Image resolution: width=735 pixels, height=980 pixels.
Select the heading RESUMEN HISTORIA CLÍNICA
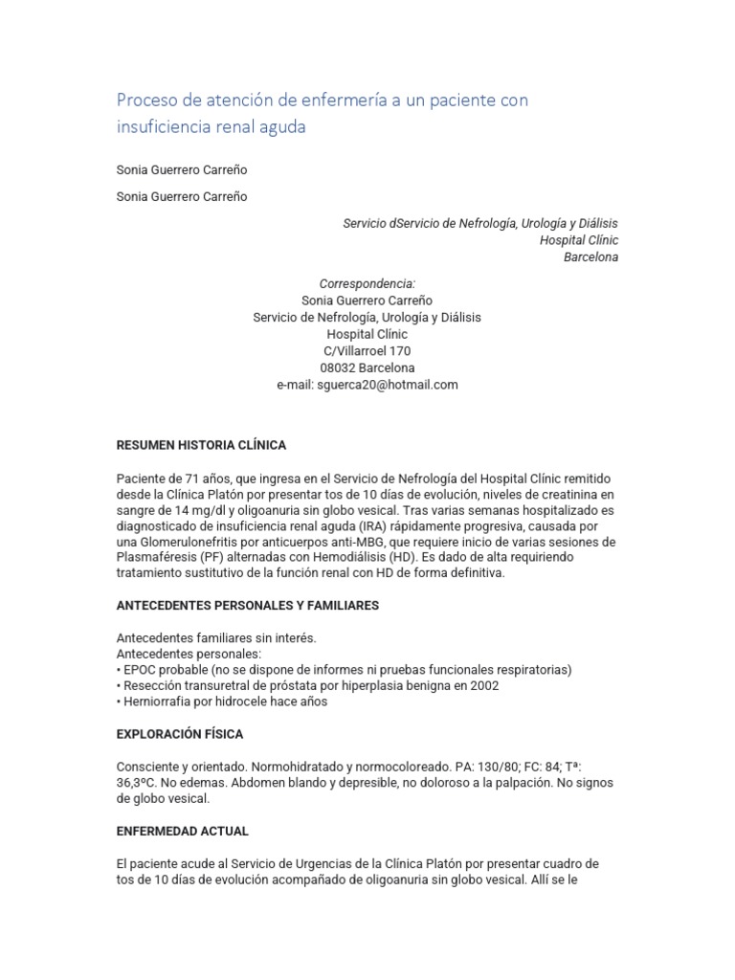(201, 445)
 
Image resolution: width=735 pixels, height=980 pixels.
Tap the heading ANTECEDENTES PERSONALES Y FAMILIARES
(248, 605)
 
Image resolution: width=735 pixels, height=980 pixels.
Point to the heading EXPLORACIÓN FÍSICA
(180, 734)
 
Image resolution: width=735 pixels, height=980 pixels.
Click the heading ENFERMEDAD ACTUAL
(182, 831)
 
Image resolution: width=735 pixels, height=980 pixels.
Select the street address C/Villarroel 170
(367, 351)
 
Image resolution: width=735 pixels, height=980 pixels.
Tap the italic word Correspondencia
(367, 283)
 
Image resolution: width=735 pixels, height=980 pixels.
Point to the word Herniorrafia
(159, 702)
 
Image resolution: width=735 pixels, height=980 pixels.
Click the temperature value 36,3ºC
(138, 783)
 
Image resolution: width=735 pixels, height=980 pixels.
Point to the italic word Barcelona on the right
(590, 256)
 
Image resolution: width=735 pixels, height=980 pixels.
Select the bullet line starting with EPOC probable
(344, 669)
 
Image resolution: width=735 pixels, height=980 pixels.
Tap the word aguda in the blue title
(281, 126)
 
